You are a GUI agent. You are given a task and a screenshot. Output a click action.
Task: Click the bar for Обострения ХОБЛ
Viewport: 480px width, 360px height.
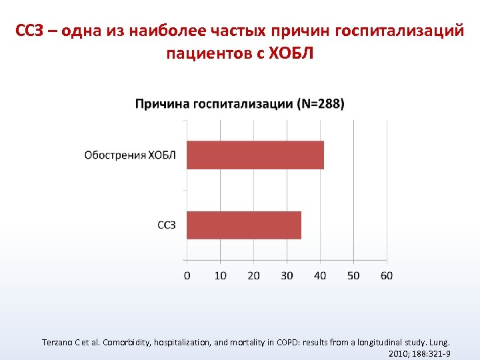click(x=255, y=155)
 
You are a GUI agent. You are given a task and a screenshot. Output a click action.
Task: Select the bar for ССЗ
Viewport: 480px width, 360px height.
click(x=244, y=225)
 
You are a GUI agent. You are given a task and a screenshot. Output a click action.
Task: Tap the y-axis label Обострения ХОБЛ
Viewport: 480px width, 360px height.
click(x=130, y=155)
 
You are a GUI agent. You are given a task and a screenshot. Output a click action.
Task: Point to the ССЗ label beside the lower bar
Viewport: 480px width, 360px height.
click(x=167, y=225)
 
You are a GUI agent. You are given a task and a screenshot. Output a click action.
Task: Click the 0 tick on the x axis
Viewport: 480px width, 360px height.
click(x=187, y=275)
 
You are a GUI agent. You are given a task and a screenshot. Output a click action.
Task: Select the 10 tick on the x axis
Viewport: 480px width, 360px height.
click(x=220, y=275)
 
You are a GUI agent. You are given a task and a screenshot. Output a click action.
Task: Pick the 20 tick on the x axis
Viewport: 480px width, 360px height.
click(x=253, y=275)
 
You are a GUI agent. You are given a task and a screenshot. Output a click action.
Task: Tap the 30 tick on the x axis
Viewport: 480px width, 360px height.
click(x=287, y=275)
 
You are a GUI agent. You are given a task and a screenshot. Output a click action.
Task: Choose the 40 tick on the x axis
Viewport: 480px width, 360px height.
click(x=320, y=275)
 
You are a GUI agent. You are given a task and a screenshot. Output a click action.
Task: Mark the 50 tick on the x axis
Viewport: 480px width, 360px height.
click(x=353, y=275)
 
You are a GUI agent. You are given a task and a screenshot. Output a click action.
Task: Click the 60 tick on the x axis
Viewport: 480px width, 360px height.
click(x=387, y=275)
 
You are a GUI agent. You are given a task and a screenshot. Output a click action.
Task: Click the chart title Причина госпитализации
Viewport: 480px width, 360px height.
click(x=214, y=104)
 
